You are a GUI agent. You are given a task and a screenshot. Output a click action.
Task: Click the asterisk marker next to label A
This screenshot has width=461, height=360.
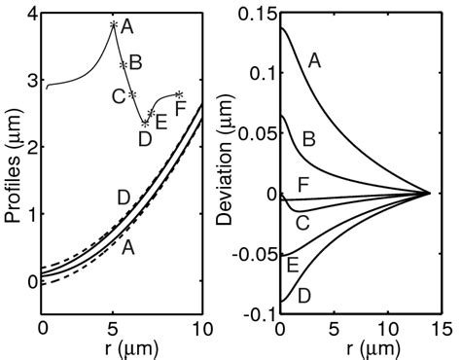114,25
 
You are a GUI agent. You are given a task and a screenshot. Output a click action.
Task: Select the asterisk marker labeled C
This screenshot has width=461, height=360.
131,94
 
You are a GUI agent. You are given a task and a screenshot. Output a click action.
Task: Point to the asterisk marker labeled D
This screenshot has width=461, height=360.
145,124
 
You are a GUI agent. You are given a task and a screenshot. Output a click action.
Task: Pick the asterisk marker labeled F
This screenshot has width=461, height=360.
177,94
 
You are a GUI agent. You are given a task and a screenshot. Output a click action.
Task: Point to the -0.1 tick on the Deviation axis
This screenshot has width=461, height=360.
256,314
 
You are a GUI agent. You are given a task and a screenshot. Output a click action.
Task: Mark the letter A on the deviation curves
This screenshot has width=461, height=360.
313,61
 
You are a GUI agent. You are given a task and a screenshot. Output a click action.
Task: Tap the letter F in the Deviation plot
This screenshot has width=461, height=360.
302,184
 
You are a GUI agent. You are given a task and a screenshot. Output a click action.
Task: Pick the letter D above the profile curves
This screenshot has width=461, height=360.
124,198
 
